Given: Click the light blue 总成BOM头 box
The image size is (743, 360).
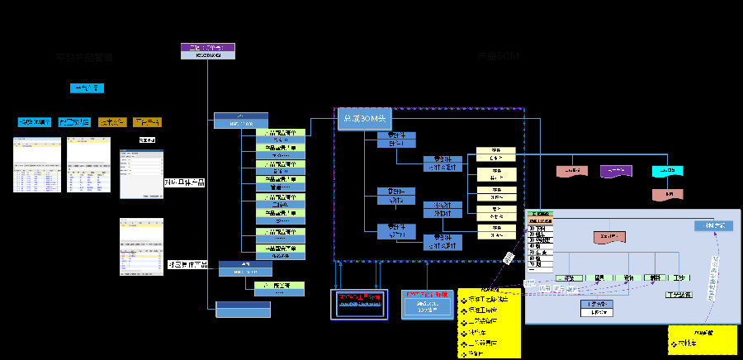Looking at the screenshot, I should [360, 119].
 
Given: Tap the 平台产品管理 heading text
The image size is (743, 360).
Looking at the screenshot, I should [84, 58].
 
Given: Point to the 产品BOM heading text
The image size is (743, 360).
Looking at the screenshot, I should [498, 56].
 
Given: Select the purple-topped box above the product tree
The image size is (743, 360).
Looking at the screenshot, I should [207, 50].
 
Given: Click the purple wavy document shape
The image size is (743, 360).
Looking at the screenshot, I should [616, 170].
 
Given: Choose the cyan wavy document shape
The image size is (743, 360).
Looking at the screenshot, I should [667, 171].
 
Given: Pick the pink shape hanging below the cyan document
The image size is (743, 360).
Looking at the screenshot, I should [667, 194].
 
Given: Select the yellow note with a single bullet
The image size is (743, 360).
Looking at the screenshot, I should [690, 339].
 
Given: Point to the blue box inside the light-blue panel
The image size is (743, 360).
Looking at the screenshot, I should [712, 225].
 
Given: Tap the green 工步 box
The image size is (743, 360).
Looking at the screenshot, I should [679, 277].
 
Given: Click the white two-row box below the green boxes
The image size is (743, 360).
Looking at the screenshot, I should [596, 308].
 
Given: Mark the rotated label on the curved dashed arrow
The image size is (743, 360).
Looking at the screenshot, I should [712, 272].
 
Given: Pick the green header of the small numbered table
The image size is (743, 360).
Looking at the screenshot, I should [540, 215].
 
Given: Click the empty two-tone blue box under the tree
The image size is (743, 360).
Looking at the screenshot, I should [243, 309].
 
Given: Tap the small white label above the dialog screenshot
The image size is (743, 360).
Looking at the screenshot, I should [147, 140].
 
